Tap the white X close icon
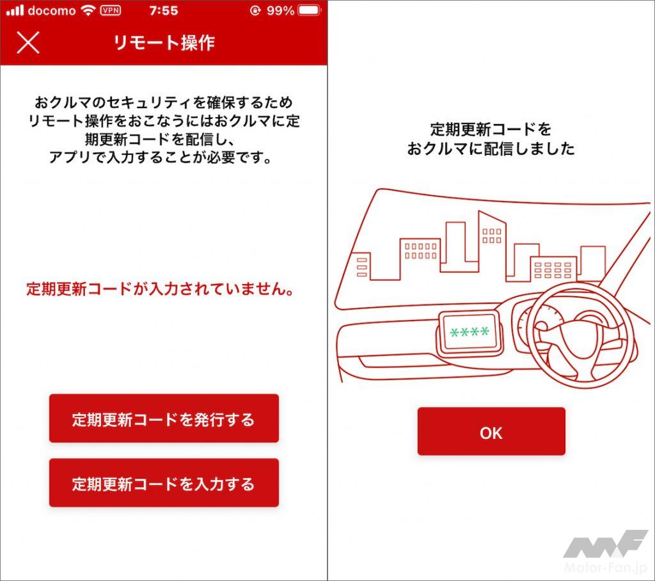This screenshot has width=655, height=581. pyautogui.click(x=28, y=43)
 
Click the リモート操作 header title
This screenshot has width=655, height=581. pyautogui.click(x=164, y=43)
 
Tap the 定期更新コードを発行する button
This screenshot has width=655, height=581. pyautogui.click(x=164, y=418)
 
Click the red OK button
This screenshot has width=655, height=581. pyautogui.click(x=491, y=431)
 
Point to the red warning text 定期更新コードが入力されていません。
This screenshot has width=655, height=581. pyautogui.click(x=161, y=289)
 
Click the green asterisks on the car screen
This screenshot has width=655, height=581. pyautogui.click(x=470, y=332)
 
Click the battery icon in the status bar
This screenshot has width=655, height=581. pyautogui.click(x=310, y=10)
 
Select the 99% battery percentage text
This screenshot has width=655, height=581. pyautogui.click(x=280, y=10)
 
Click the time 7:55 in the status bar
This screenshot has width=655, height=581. pyautogui.click(x=164, y=10)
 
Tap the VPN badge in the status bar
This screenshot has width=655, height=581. pyautogui.click(x=111, y=10)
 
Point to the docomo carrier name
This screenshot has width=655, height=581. pyautogui.click(x=52, y=10)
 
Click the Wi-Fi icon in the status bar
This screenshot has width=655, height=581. pyautogui.click(x=88, y=10)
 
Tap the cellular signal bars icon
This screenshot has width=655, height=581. pyautogui.click(x=15, y=10)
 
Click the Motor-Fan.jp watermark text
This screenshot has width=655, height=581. pyautogui.click(x=606, y=568)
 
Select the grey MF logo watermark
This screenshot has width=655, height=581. pyautogui.click(x=605, y=544)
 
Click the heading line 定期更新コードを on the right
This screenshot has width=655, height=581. pyautogui.click(x=491, y=130)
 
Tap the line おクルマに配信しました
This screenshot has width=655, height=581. pyautogui.click(x=491, y=149)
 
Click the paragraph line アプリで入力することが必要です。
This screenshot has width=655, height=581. pyautogui.click(x=161, y=157)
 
